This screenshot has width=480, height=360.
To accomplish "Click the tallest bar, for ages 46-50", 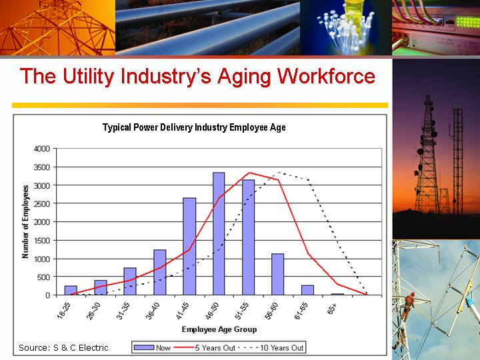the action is [219, 233].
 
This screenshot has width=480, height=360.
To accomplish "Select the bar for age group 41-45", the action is [189, 247].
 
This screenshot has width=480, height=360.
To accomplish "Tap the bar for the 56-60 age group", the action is [277, 274].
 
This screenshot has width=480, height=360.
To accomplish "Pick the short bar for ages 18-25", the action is [71, 291].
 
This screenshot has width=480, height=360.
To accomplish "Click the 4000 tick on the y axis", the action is [41, 149].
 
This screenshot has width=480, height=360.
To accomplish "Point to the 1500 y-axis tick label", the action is [41, 241].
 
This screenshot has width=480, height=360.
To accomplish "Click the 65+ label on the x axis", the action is [332, 309].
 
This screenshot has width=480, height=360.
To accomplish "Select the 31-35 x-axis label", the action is [125, 311].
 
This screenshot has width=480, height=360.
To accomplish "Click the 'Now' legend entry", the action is [153, 347].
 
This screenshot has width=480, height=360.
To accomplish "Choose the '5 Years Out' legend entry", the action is [205, 347].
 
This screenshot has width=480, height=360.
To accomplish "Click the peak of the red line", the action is [249, 173].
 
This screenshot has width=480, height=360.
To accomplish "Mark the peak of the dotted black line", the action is [279, 173].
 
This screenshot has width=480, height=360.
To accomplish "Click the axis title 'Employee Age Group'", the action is [219, 329].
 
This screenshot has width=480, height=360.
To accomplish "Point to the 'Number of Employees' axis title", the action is [25, 221].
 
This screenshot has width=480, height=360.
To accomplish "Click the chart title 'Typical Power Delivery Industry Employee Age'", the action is [194, 127].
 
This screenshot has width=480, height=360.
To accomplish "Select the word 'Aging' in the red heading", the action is [244, 77].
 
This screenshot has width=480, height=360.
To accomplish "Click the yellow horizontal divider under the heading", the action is [200, 105].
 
